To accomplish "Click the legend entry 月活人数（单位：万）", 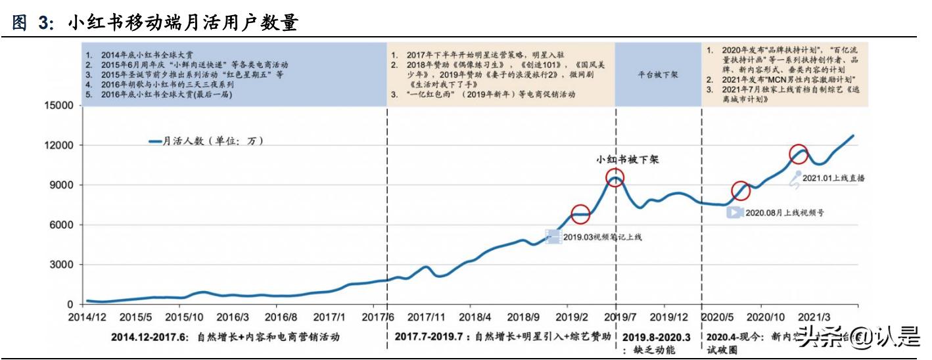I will (x=206, y=141).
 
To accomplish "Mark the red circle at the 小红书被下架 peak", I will (x=615, y=177).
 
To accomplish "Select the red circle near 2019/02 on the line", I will (x=580, y=214).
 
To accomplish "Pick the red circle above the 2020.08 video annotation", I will (x=741, y=191).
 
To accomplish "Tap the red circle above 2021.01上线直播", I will (x=798, y=154).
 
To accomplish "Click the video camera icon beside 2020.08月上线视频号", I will (x=735, y=212).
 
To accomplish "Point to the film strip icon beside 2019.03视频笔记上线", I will (x=553, y=236).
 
